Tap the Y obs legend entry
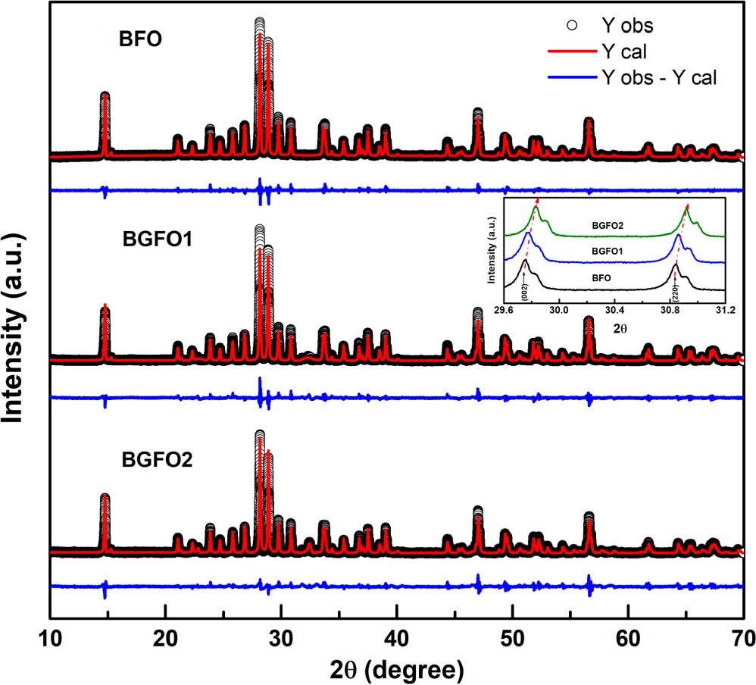tap(627, 27)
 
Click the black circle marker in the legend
tap(573, 27)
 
